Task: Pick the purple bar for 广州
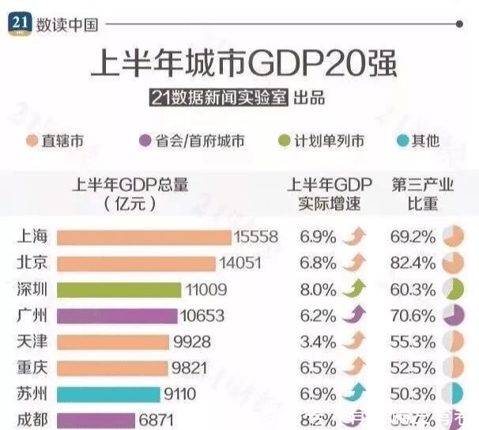(118, 315)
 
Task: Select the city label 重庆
(31, 368)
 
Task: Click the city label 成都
(31, 419)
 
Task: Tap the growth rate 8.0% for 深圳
(317, 289)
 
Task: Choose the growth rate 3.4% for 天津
(317, 341)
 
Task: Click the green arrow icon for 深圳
(354, 289)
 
